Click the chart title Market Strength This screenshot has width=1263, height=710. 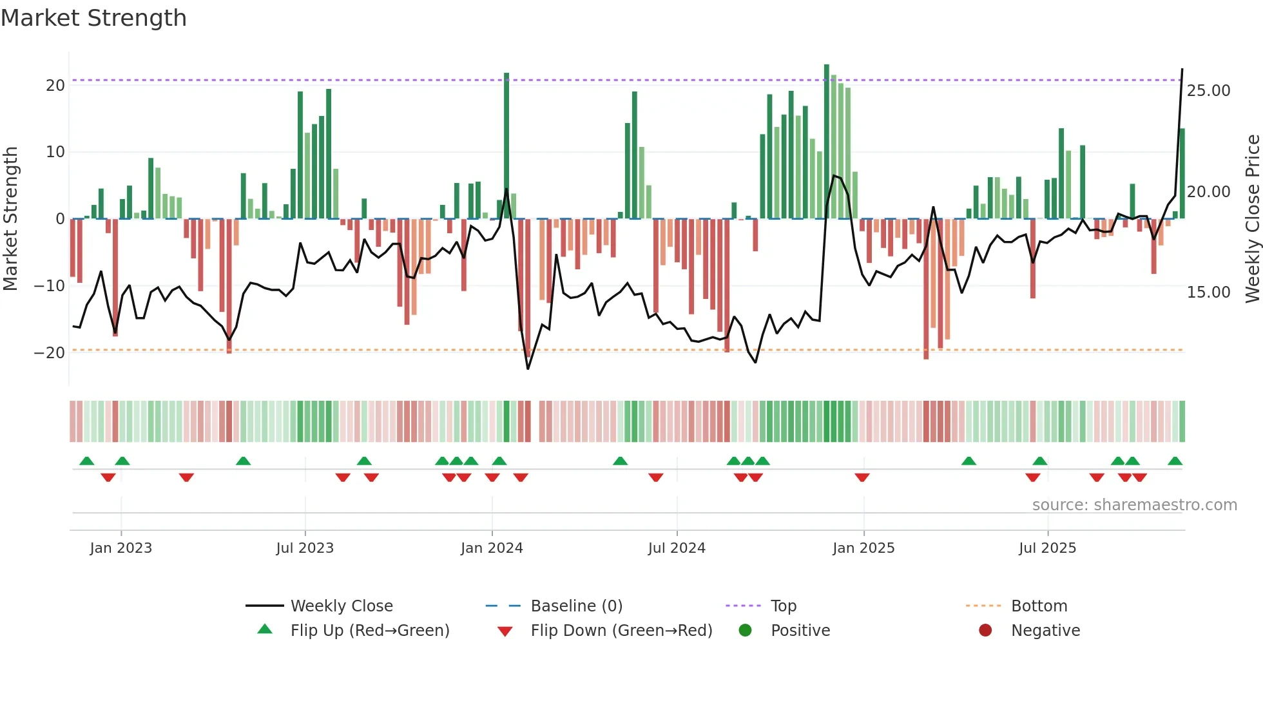point(93,18)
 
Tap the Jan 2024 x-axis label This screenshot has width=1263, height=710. point(492,548)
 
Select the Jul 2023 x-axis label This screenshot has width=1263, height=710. point(305,548)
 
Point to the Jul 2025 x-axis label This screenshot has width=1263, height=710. point(1047,548)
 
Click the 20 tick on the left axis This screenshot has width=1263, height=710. point(55,86)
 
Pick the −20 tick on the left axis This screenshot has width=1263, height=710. point(50,353)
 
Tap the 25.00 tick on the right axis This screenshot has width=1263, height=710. point(1208,91)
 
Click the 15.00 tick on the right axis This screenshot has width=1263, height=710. point(1208,293)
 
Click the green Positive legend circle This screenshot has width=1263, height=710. point(746,631)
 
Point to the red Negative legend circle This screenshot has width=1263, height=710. point(985,631)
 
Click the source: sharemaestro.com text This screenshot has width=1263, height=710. point(1134,505)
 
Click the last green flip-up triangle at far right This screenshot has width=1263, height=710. point(1175,461)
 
